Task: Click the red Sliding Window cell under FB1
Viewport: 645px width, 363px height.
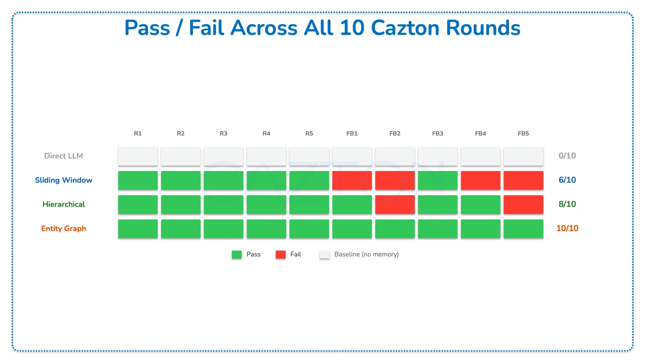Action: click(x=352, y=180)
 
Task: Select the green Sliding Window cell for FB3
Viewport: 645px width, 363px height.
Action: click(x=437, y=180)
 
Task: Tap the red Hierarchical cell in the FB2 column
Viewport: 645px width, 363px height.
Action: click(x=395, y=204)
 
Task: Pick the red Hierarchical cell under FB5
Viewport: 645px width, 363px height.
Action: click(x=523, y=204)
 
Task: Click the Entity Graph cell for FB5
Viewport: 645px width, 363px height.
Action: click(x=523, y=229)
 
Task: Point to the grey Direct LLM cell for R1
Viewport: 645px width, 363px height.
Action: click(x=138, y=156)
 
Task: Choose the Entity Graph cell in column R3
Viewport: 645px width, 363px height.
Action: click(x=223, y=229)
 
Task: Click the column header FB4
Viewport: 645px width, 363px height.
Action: click(x=481, y=134)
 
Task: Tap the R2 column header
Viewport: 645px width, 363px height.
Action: click(x=181, y=134)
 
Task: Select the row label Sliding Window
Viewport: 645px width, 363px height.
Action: click(x=64, y=180)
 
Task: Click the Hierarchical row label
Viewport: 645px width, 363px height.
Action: click(x=64, y=204)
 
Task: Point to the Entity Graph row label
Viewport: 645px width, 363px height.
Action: click(x=64, y=229)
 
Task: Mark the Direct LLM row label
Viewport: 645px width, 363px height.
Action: click(x=64, y=156)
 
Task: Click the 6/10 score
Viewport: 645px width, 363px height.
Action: click(x=567, y=180)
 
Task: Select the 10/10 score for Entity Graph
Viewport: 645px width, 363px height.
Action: click(x=567, y=228)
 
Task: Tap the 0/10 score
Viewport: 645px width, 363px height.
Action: click(x=567, y=156)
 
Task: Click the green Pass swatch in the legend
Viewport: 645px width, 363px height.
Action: click(x=237, y=255)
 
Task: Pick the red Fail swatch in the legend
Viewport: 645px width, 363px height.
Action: click(x=281, y=255)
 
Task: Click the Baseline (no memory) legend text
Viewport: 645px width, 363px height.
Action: click(x=366, y=255)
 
